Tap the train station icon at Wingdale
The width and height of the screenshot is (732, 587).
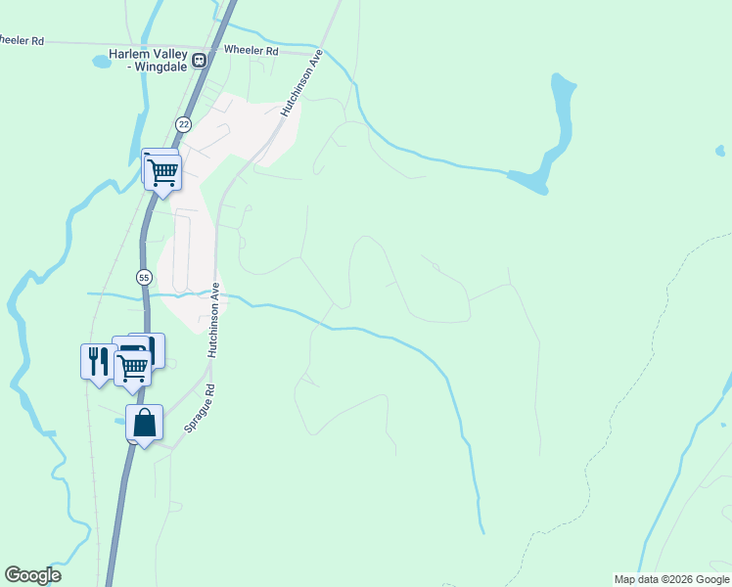200,60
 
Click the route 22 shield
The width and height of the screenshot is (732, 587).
183,124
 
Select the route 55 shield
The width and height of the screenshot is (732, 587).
145,277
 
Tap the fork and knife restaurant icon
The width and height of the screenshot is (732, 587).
97,361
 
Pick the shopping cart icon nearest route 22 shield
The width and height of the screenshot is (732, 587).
162,172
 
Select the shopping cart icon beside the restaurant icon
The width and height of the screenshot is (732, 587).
132,368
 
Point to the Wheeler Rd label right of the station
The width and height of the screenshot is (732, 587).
252,50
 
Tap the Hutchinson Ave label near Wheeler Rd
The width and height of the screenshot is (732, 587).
301,85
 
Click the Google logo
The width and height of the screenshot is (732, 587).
32,575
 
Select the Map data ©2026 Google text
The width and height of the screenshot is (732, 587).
671,579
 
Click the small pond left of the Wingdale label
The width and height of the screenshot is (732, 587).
102,62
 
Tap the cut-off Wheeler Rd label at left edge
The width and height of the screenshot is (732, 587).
22,41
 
